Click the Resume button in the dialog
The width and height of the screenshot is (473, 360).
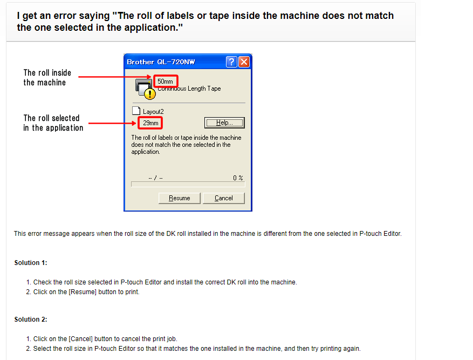click(179, 198)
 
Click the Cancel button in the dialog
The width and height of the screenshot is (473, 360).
click(223, 198)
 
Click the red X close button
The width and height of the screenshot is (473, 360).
click(244, 62)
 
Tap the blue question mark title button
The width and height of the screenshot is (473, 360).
click(231, 62)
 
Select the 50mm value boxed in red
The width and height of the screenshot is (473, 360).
click(165, 81)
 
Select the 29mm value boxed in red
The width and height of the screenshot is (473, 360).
click(150, 123)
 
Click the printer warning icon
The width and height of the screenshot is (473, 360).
click(145, 89)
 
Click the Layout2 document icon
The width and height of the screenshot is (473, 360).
click(136, 111)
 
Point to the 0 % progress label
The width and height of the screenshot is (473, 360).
click(238, 178)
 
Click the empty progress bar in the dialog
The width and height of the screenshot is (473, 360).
click(188, 184)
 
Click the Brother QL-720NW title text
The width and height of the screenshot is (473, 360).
click(161, 62)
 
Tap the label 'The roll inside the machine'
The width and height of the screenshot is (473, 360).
click(47, 77)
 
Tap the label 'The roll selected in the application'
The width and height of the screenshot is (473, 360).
click(53, 123)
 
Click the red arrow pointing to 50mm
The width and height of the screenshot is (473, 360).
click(115, 77)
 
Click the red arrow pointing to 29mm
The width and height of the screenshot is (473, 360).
click(112, 123)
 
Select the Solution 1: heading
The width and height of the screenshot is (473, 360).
click(31, 263)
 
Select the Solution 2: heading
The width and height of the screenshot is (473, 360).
click(31, 320)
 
